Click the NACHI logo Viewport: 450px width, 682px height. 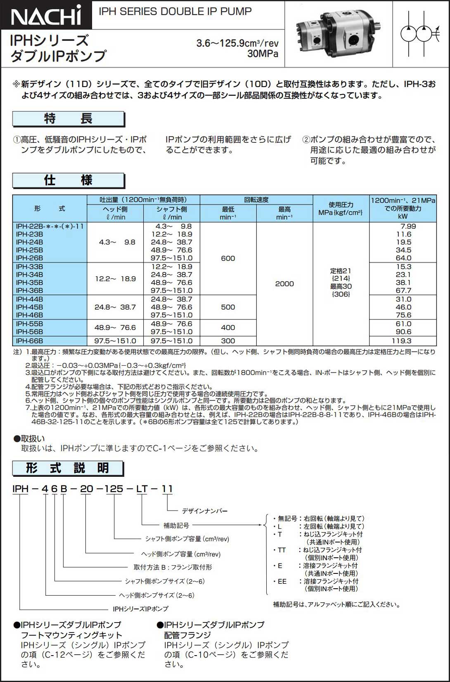(46, 15)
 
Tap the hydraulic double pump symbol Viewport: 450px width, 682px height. (421, 34)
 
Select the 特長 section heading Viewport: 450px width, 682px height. (68, 119)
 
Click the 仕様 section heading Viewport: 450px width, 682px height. (68, 180)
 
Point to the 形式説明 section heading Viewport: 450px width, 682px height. (68, 468)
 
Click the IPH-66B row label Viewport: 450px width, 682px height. (29, 341)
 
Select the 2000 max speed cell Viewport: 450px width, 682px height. (284, 284)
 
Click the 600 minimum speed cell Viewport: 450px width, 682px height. (228, 258)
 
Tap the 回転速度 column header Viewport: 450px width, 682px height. (256, 200)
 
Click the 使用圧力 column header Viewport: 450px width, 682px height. (341, 208)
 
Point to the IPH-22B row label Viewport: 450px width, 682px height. (50, 226)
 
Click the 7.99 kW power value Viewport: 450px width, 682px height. (408, 226)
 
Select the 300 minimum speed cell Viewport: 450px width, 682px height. (228, 341)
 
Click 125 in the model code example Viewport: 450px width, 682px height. (114, 489)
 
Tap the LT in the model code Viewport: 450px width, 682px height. (142, 489)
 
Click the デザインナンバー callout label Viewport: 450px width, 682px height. (205, 511)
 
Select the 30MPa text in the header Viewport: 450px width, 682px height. (263, 54)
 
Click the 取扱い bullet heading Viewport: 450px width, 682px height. (29, 438)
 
